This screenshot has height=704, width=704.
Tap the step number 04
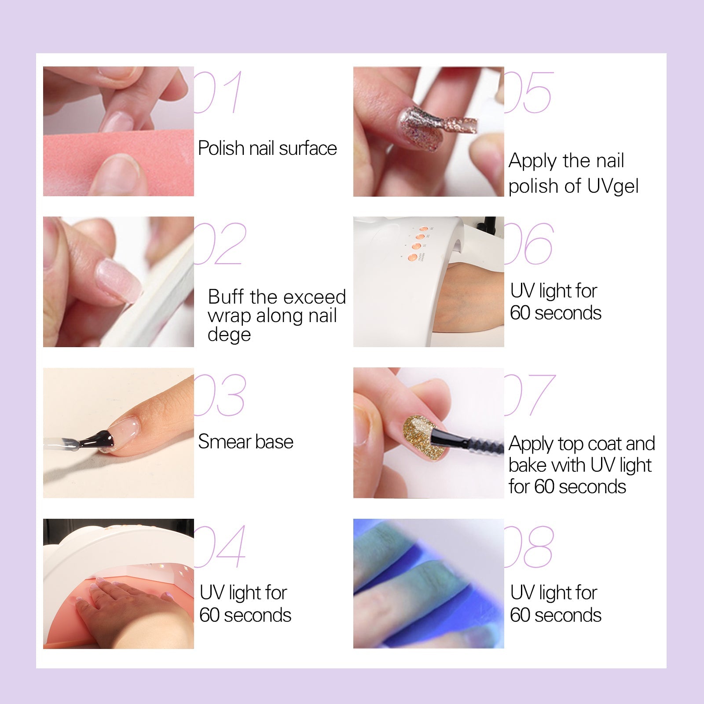pos(220,546)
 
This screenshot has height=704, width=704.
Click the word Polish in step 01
pos(221,148)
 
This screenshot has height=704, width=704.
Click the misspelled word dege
pos(229,335)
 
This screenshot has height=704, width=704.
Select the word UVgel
pos(612,186)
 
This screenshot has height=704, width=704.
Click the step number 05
pos(529,92)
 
